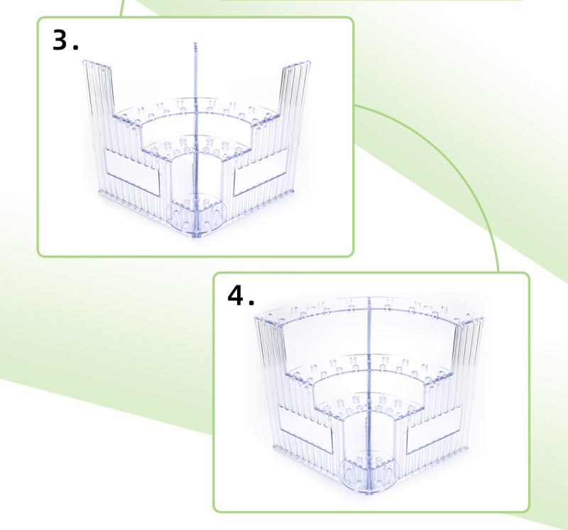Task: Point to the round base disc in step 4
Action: [368, 472]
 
